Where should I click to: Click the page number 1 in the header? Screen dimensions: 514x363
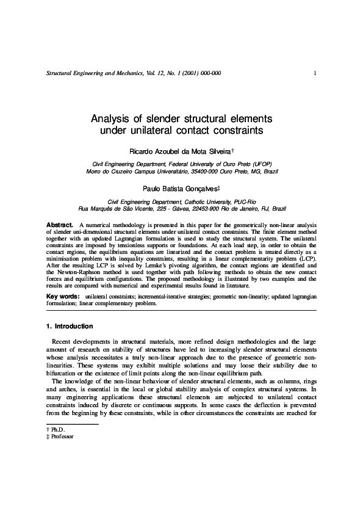pyautogui.click(x=314, y=74)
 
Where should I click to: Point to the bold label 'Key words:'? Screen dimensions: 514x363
pyautogui.click(x=63, y=296)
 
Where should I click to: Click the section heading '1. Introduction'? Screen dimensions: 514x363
pyautogui.click(x=70, y=327)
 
